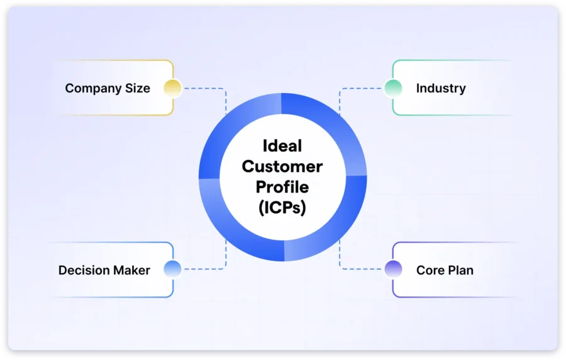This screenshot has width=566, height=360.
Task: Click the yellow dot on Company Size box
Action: click(x=172, y=88)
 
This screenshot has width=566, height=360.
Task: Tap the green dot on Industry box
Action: click(x=393, y=88)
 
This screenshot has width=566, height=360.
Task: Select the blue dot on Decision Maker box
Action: click(x=172, y=269)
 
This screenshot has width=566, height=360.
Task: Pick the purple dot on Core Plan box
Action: click(x=393, y=269)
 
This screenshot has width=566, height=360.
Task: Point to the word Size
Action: click(x=137, y=88)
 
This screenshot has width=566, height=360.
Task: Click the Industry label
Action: click(x=441, y=88)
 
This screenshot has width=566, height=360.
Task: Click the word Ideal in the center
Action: click(x=282, y=146)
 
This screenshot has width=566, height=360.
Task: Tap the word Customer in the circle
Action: click(x=282, y=167)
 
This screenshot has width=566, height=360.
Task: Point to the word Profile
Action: click(x=282, y=188)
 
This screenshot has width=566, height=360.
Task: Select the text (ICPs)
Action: click(x=282, y=208)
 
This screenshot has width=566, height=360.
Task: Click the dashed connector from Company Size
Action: click(x=204, y=88)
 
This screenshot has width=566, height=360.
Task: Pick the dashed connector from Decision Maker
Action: click(x=204, y=269)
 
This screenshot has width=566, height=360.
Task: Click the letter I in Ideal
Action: click(x=264, y=146)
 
